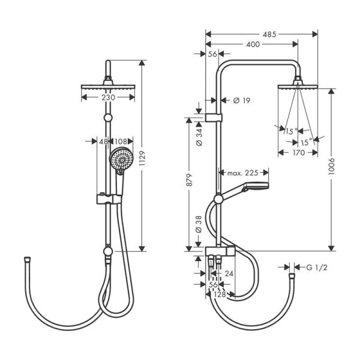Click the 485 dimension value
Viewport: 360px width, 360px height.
pos(269,35)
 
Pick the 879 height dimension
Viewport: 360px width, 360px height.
pos(190,185)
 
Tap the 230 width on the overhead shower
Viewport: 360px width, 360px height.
pos(107,97)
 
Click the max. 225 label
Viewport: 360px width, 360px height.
pos(242,173)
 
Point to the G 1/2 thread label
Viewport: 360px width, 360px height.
pos(317,267)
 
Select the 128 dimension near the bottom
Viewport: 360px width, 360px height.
pos(220,295)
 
